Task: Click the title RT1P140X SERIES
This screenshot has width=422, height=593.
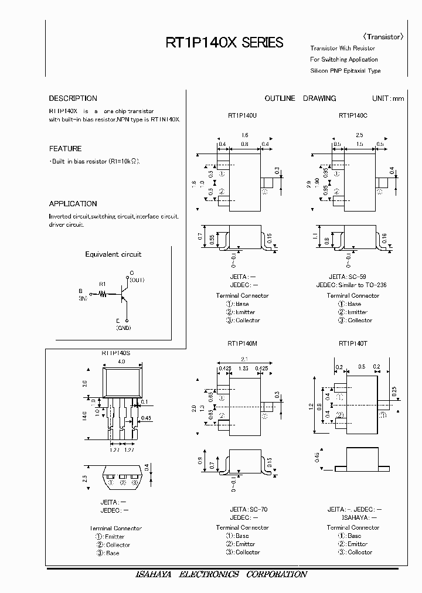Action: [x=224, y=43]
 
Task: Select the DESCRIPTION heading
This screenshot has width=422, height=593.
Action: [x=73, y=98]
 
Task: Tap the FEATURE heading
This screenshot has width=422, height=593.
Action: [x=65, y=149]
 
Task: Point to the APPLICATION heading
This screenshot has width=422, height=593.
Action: [x=73, y=204]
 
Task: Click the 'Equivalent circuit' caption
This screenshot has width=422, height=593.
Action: [x=113, y=254]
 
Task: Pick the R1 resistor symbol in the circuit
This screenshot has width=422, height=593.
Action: [x=103, y=293]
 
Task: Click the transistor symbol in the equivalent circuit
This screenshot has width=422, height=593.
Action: [x=124, y=293]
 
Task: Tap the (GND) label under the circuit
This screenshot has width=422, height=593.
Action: [x=123, y=328]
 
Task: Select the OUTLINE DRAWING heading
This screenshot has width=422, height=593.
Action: [x=300, y=98]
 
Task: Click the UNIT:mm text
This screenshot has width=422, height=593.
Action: [x=388, y=98]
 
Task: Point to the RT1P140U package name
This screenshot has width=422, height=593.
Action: [x=242, y=116]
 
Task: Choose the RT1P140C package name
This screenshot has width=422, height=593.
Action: [x=353, y=116]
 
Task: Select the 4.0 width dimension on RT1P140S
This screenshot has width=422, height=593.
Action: [x=122, y=362]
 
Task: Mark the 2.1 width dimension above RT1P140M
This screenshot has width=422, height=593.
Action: [x=243, y=359]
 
